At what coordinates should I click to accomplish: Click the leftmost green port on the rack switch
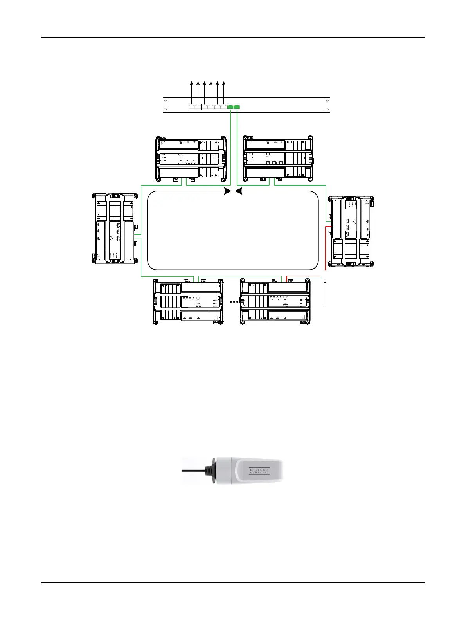[x=230, y=106]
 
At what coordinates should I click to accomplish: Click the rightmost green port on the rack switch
[x=237, y=106]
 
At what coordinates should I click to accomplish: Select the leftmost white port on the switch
[x=192, y=106]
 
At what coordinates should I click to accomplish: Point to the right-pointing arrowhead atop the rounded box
[x=227, y=191]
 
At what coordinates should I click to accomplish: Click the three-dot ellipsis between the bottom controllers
[x=234, y=302]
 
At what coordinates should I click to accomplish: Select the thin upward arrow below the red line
[x=325, y=292]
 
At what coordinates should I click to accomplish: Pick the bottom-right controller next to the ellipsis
[x=275, y=302]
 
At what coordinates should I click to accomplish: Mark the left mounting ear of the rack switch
[x=165, y=105]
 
